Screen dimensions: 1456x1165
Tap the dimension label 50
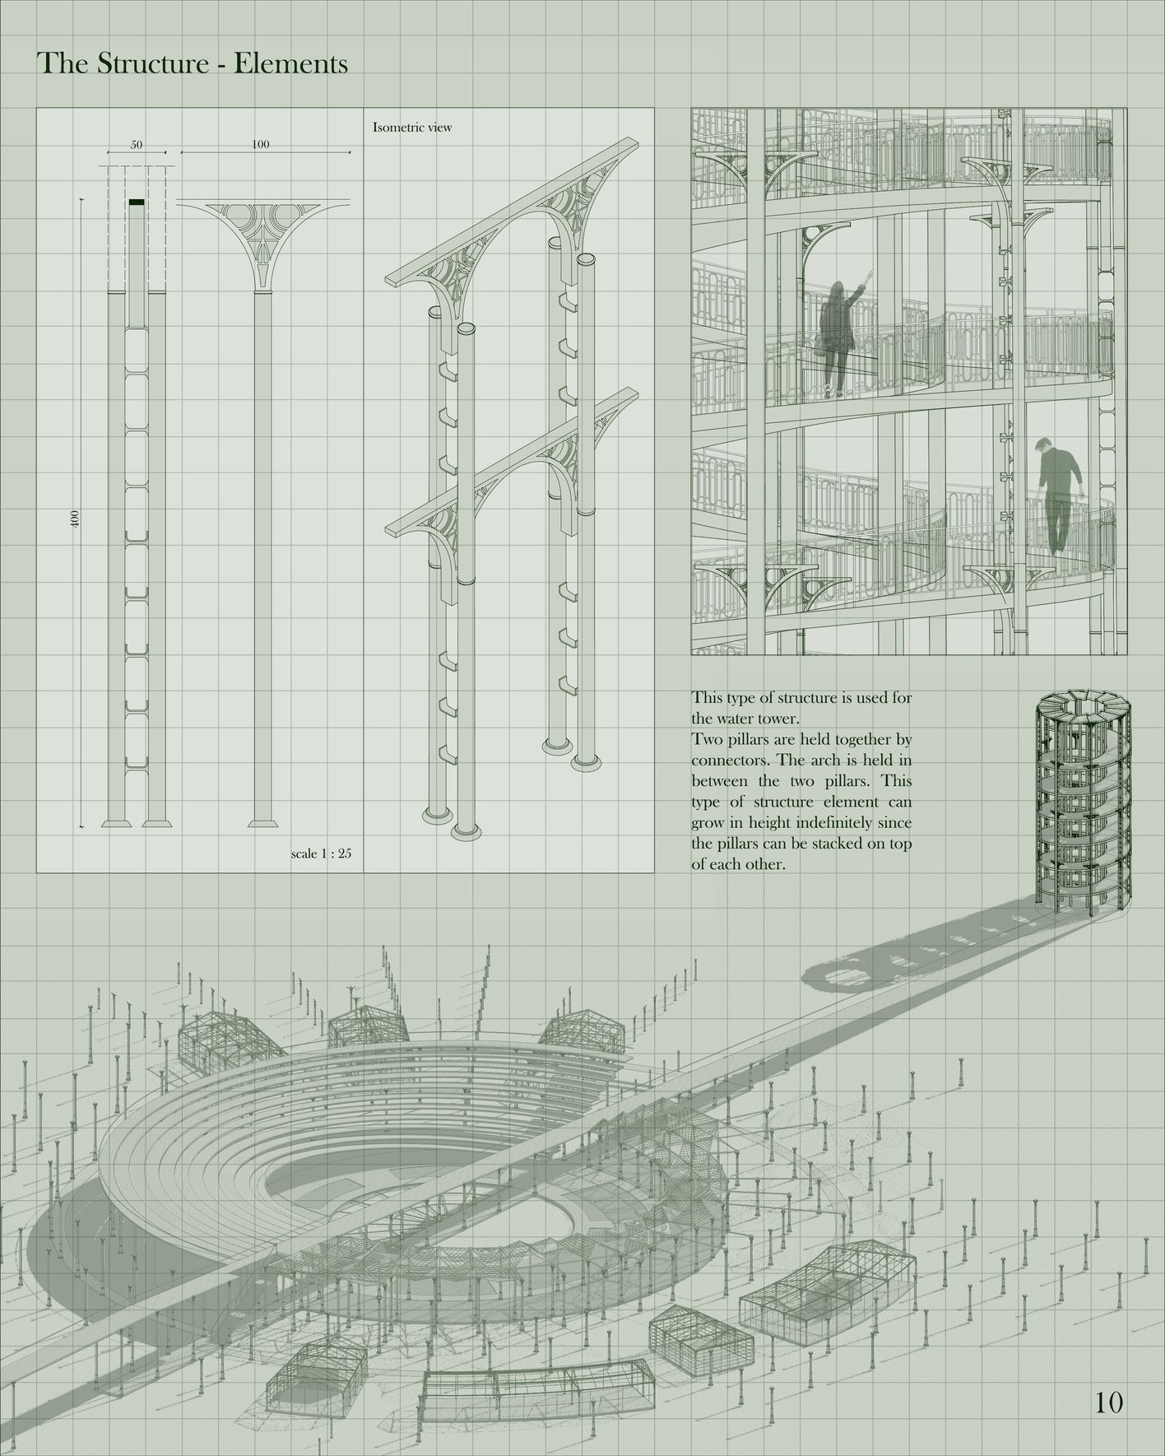point(137,145)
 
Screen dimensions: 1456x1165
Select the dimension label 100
point(260,145)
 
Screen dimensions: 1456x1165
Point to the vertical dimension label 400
point(75,518)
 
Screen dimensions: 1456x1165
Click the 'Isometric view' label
point(412,128)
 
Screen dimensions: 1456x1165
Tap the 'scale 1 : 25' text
point(321,854)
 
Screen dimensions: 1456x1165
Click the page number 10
point(1109,1402)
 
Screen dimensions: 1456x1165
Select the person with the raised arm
point(839,333)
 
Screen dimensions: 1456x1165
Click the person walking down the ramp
point(1056,494)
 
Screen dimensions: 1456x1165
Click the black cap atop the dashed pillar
point(137,202)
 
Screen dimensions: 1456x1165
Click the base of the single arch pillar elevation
point(262,821)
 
